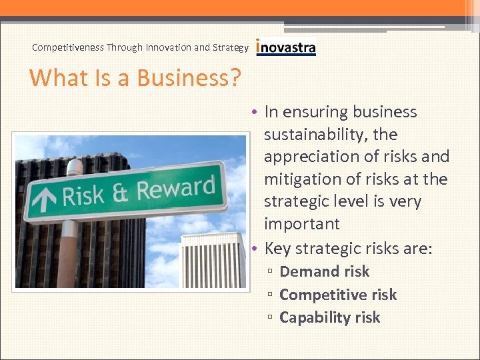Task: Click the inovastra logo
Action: click(x=286, y=47)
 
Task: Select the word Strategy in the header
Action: click(x=231, y=47)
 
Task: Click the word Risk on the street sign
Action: click(x=83, y=195)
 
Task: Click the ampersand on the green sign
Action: click(x=120, y=193)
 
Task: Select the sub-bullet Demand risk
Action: click(x=324, y=271)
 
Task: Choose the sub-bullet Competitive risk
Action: click(x=337, y=295)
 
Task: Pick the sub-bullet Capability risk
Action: click(x=329, y=317)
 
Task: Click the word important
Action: click(x=301, y=224)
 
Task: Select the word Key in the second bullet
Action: click(x=277, y=249)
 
